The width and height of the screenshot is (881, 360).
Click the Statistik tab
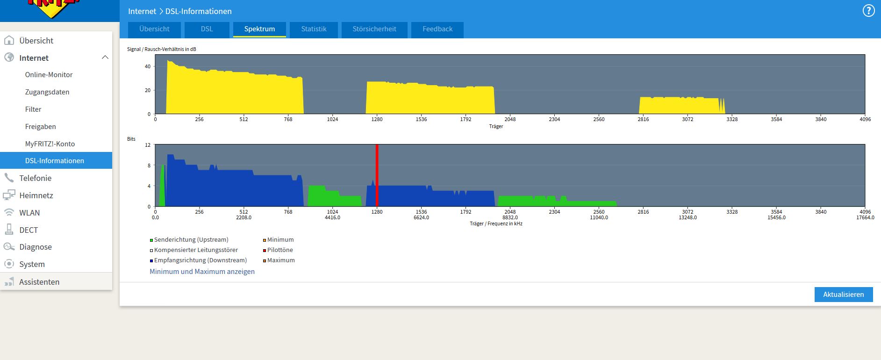pyautogui.click(x=314, y=29)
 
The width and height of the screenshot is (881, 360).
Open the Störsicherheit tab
pyautogui.click(x=374, y=29)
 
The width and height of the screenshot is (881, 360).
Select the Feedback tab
pyautogui.click(x=437, y=29)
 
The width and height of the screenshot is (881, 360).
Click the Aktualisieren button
pyautogui.click(x=844, y=295)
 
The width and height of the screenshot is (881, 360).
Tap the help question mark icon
pyautogui.click(x=868, y=11)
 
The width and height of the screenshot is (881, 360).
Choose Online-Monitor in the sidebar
pyautogui.click(x=49, y=75)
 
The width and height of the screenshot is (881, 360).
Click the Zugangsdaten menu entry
pyautogui.click(x=47, y=92)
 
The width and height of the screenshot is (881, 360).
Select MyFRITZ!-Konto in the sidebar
pyautogui.click(x=50, y=144)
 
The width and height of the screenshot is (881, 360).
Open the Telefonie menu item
pyautogui.click(x=36, y=178)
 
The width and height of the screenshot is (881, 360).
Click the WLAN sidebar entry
pyautogui.click(x=29, y=213)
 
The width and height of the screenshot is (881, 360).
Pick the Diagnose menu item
pyautogui.click(x=36, y=247)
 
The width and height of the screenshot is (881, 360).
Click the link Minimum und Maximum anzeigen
pyautogui.click(x=202, y=272)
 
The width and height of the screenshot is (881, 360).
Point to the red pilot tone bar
pyautogui.click(x=377, y=175)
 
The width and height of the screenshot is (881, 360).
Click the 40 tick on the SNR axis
pyautogui.click(x=148, y=66)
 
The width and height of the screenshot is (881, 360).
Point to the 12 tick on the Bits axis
pyautogui.click(x=148, y=145)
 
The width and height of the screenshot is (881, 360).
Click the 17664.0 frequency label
pyautogui.click(x=865, y=217)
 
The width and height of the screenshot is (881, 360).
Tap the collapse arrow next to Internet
pyautogui.click(x=105, y=58)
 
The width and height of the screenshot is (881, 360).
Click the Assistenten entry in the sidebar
pyautogui.click(x=39, y=282)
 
